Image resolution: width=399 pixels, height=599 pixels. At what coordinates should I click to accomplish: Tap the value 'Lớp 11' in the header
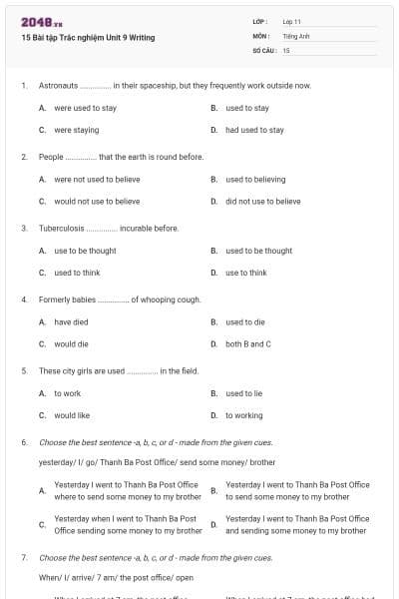coord(292,21)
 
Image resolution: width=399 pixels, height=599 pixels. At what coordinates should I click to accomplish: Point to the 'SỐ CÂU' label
coord(263,49)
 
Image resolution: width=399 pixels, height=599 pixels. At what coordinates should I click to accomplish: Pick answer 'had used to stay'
coord(254,130)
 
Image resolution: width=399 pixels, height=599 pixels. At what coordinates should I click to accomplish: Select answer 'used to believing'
coord(255,180)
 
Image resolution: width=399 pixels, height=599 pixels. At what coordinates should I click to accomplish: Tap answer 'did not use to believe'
coord(262,201)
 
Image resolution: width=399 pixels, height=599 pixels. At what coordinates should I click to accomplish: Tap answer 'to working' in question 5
coord(244,415)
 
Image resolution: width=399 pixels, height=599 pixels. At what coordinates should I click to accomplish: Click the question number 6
coord(24,441)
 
